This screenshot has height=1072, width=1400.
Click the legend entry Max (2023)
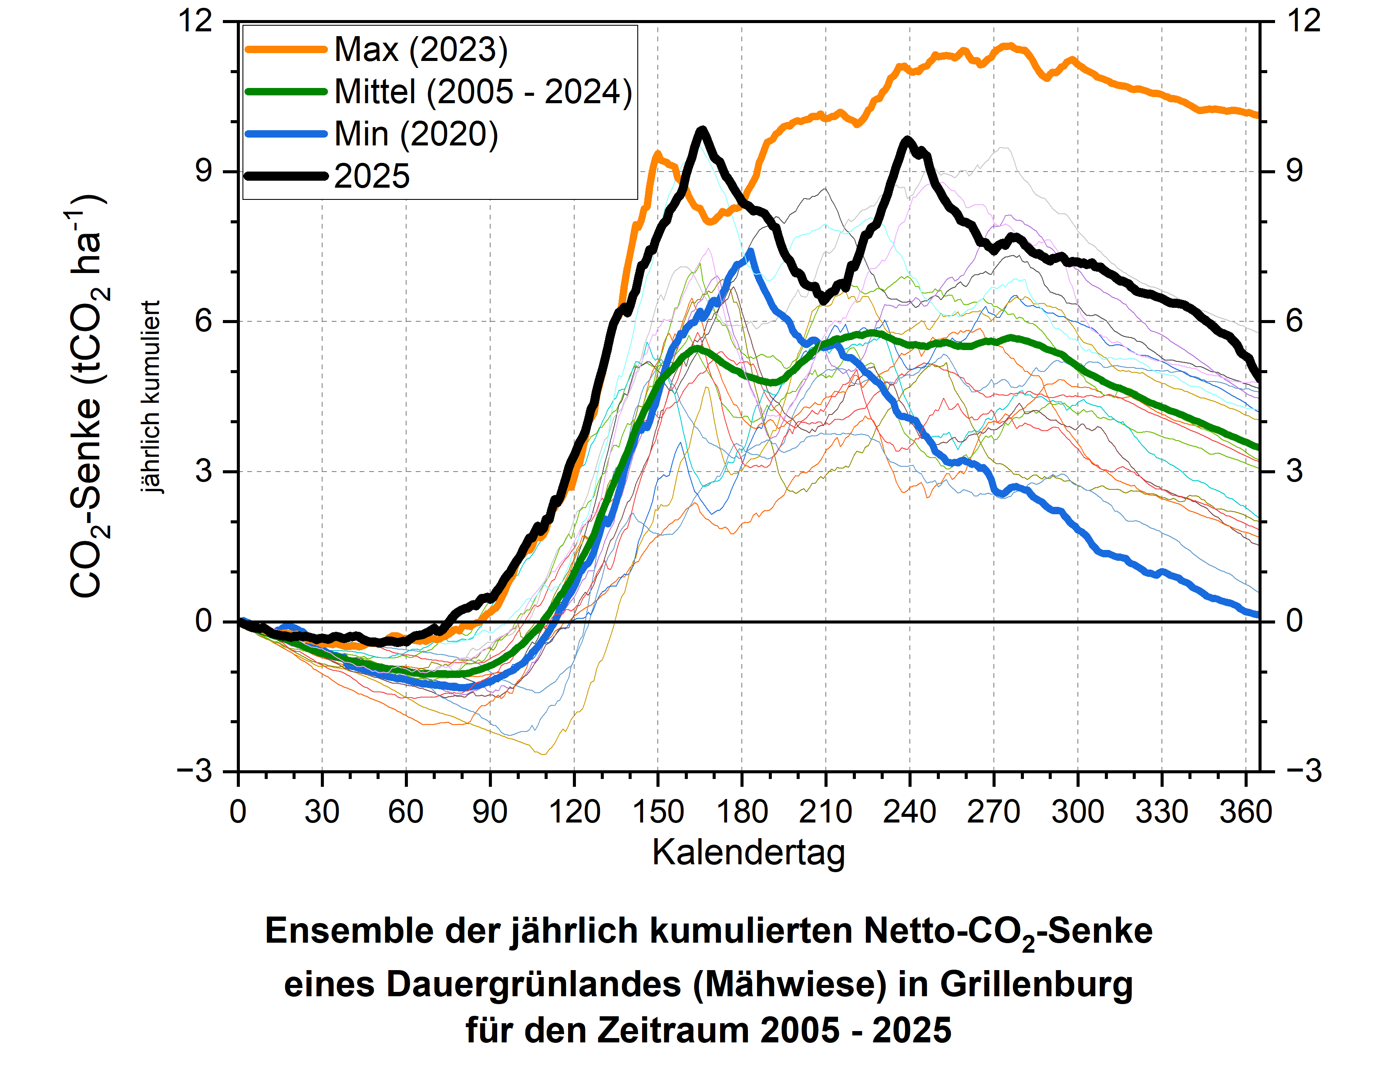click(421, 49)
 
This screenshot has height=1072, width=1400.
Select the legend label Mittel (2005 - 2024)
click(483, 91)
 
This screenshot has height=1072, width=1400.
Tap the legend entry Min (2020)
click(416, 134)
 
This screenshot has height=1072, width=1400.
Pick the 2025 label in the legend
click(372, 176)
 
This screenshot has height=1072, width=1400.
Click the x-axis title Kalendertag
click(748, 853)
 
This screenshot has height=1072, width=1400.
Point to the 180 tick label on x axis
click(742, 812)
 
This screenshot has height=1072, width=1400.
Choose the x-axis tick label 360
click(1245, 812)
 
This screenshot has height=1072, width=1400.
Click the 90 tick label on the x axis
click(490, 812)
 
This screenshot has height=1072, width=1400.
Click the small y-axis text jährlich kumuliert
click(151, 397)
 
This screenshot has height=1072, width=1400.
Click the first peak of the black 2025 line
click(702, 130)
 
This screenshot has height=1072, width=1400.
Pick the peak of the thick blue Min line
click(750, 251)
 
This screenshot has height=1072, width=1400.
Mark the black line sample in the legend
click(286, 176)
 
